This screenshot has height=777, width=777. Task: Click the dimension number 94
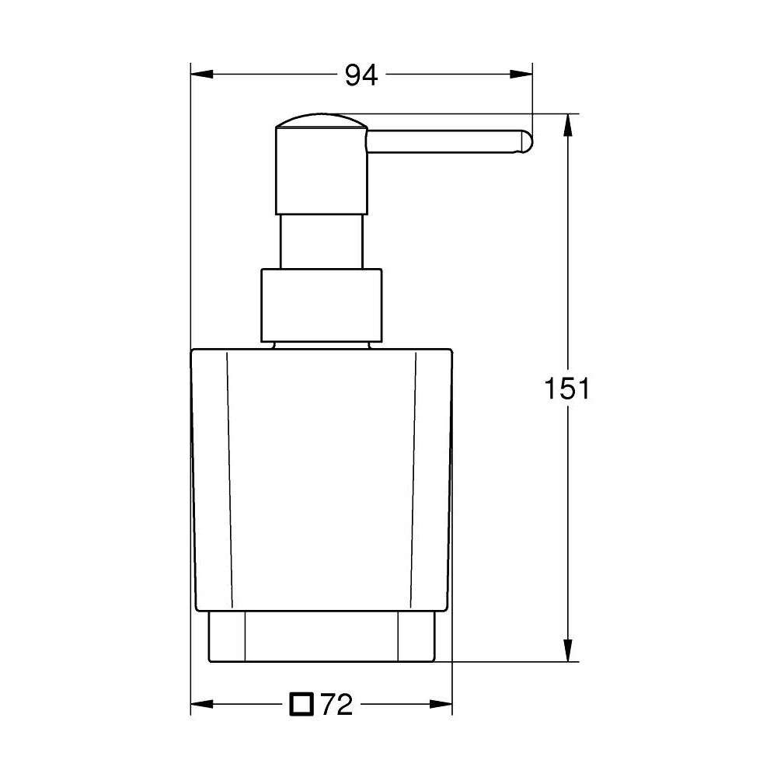(361, 75)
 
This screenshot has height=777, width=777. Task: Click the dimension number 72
(336, 705)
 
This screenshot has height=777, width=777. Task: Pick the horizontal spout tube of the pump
(443, 144)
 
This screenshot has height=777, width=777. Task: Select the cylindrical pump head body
(320, 171)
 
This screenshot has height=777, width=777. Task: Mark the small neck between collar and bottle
(321, 344)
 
